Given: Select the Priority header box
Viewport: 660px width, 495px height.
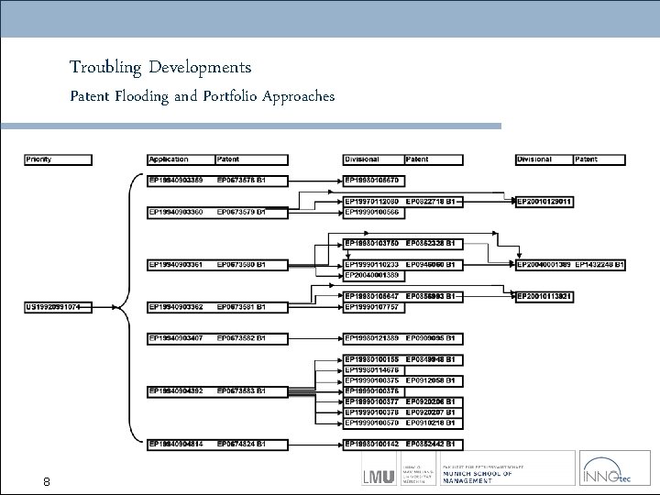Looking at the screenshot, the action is (x=57, y=159).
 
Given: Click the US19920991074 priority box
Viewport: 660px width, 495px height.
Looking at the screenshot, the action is (x=57, y=307).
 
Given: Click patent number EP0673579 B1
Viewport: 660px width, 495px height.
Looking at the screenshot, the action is (x=241, y=212).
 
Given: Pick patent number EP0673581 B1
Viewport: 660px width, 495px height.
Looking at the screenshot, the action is (x=241, y=307).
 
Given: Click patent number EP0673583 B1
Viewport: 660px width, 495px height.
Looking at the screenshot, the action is (x=241, y=390).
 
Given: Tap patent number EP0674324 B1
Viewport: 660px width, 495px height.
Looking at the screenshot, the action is (x=241, y=444).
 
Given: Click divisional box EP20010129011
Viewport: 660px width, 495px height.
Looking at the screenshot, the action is (x=546, y=201).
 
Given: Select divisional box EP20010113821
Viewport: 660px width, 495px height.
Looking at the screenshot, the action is (x=546, y=296).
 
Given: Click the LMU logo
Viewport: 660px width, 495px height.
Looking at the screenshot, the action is (x=379, y=476).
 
